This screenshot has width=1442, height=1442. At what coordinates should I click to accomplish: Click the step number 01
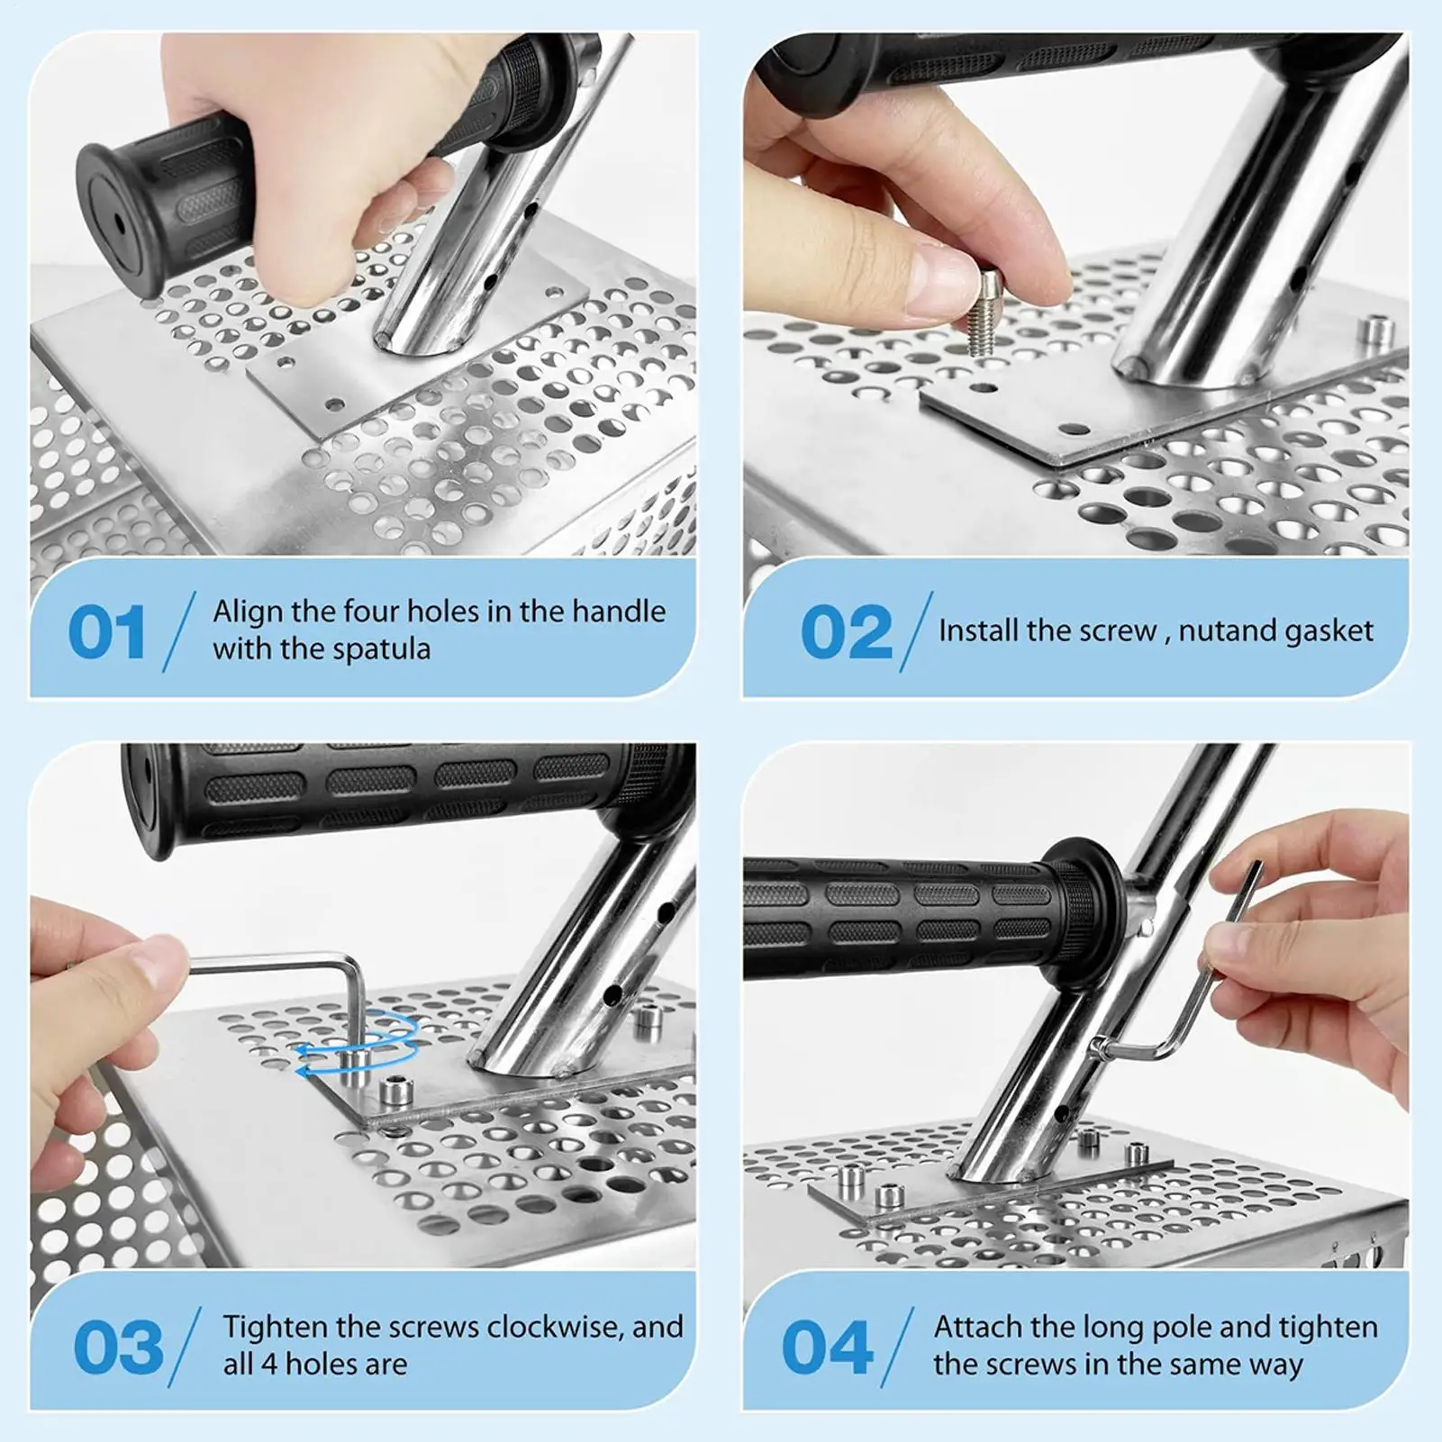tap(107, 631)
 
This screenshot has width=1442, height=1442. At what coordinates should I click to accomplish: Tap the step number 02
tap(846, 631)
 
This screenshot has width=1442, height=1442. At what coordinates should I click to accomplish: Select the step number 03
tap(118, 1347)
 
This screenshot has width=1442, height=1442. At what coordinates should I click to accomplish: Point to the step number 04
tap(828, 1347)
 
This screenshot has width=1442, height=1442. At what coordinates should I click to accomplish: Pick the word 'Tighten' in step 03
tap(277, 1329)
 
